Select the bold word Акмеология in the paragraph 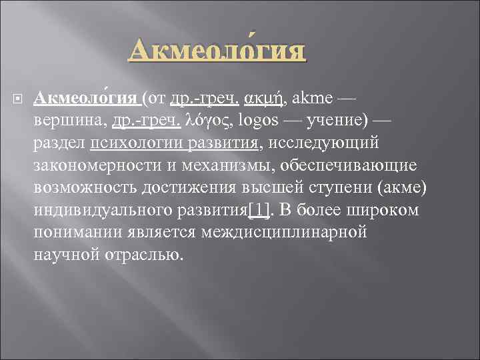tap(85, 99)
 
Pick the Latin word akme tap(310, 99)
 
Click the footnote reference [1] tap(259, 211)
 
